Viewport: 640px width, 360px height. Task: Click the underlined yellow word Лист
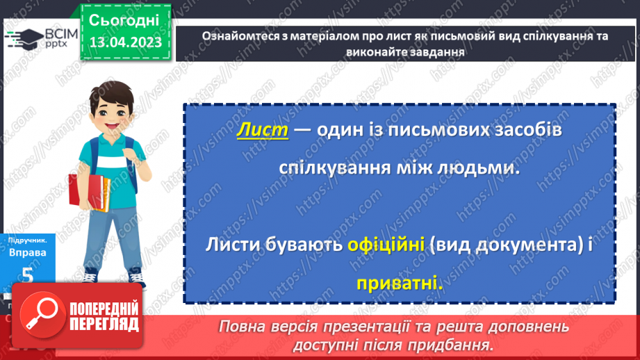click(262, 131)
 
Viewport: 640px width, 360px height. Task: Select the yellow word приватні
click(400, 283)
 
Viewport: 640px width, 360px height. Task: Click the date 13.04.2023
click(125, 42)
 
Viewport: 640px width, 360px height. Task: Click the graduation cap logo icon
click(22, 38)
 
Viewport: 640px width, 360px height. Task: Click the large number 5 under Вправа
click(27, 276)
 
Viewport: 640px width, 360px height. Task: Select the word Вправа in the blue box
click(28, 252)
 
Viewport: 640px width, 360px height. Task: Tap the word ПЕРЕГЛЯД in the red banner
click(104, 325)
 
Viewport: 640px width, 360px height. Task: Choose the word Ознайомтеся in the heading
click(236, 37)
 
